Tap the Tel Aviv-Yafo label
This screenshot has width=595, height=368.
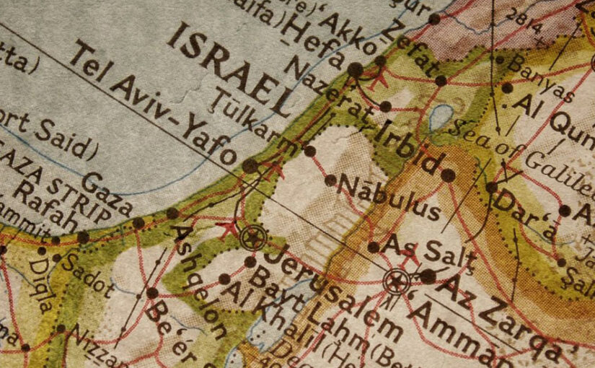[155, 102]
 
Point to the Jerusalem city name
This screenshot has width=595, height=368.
[329, 285]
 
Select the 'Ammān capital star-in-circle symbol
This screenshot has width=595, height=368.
[396, 280]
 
